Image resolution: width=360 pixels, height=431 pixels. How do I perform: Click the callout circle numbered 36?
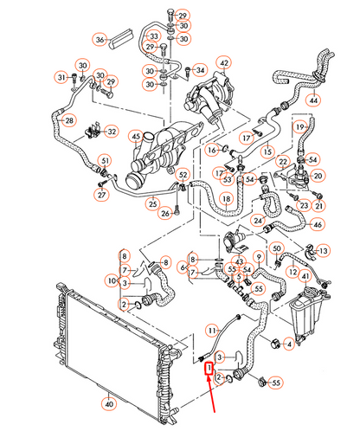coord(100,40)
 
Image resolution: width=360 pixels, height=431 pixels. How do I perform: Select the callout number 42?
coord(223,63)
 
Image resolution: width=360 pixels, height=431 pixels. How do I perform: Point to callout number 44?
coord(338,101)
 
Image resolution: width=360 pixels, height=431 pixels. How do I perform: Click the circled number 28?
coord(70,120)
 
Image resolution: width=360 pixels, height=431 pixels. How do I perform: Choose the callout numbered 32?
coord(112,131)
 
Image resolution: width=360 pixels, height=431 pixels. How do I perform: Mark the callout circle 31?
coord(62,78)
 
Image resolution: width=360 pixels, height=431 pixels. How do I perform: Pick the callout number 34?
coord(200,69)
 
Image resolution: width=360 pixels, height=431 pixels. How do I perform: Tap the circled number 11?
coord(211,329)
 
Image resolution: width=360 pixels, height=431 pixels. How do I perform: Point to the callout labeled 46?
coord(318,225)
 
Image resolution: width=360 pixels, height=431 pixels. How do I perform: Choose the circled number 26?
coord(164,213)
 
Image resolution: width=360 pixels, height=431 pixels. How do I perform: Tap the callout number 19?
coord(300,128)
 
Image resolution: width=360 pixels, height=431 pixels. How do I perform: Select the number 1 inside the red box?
coord(209,368)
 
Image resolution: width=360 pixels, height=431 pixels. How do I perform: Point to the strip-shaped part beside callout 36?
coord(124,37)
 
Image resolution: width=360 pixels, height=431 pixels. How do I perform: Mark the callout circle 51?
coord(105,160)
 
